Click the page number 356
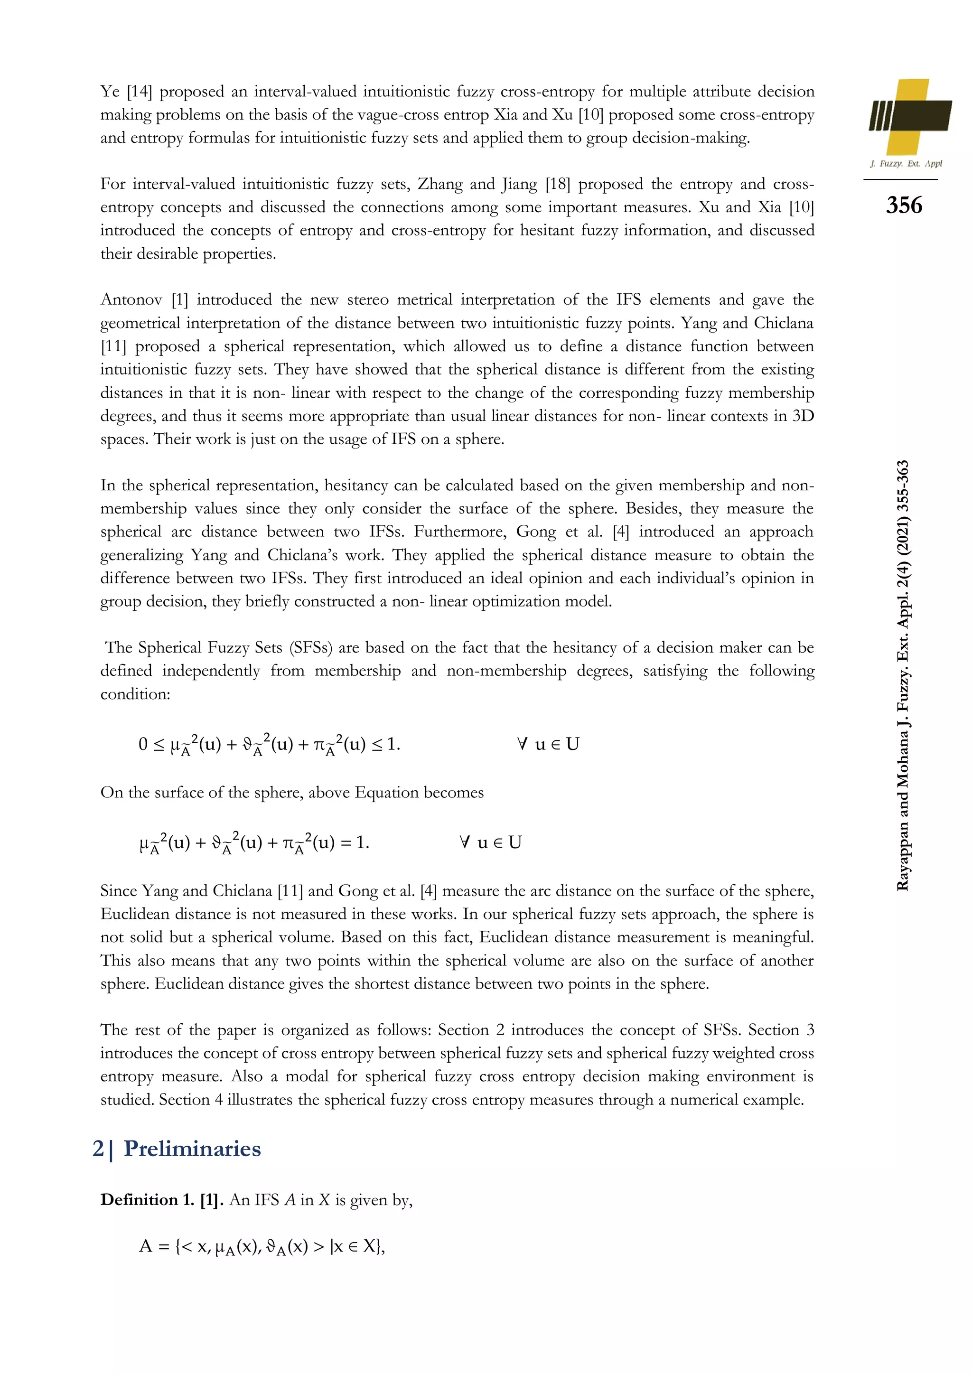click(904, 205)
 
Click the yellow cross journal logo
click(910, 117)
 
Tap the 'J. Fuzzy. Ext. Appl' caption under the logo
click(906, 163)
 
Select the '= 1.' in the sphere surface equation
click(355, 842)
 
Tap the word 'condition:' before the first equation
click(135, 694)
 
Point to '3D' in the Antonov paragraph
click(803, 416)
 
